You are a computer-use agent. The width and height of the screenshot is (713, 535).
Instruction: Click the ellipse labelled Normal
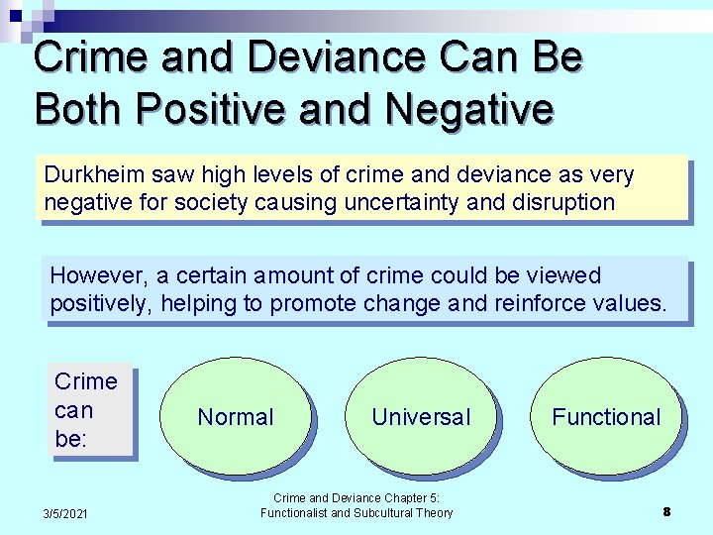pyautogui.click(x=235, y=417)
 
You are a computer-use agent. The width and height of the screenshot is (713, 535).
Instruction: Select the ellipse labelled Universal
pyautogui.click(x=421, y=417)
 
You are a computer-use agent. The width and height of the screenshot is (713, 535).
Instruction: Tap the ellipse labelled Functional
pyautogui.click(x=606, y=417)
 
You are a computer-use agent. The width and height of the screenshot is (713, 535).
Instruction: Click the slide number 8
pyautogui.click(x=666, y=511)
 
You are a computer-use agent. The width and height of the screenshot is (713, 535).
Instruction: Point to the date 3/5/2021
pyautogui.click(x=65, y=512)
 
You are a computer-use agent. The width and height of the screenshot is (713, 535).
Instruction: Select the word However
pyautogui.click(x=92, y=275)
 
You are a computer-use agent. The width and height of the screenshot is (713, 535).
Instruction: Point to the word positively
pyautogui.click(x=100, y=303)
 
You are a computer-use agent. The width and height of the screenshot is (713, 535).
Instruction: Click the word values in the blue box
pyautogui.click(x=631, y=303)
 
